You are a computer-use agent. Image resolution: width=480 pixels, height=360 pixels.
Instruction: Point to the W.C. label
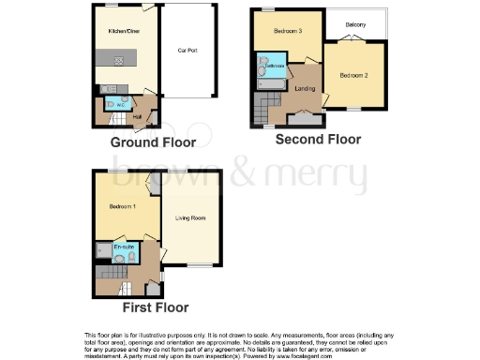tap(111, 103)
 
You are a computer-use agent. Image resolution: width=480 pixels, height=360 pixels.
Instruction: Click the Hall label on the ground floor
tap(137, 116)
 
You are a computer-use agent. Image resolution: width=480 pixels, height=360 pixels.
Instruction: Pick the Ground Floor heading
tap(153, 142)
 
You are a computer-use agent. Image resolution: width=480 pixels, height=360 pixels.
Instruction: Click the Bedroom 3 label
tap(287, 31)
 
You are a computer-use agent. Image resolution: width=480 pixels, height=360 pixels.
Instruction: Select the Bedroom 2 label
tap(352, 74)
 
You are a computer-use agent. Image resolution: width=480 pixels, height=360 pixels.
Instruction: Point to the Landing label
tap(305, 89)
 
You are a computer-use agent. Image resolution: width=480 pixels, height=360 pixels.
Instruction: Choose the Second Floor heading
tap(318, 139)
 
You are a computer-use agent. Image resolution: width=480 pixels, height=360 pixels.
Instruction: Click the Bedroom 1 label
tap(123, 205)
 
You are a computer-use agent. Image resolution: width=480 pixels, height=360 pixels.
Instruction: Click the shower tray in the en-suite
tap(102, 250)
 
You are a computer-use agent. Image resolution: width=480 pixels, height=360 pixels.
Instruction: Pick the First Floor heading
tap(156, 307)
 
